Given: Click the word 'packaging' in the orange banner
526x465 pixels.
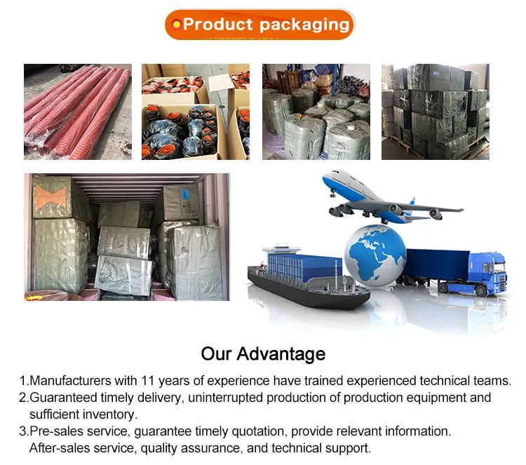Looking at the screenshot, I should pos(304,25).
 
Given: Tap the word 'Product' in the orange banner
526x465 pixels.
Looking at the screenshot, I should pos(217,25).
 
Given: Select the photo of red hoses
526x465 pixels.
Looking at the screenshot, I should pos(77,112).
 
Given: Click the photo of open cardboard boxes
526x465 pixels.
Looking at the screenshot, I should pos(196,112).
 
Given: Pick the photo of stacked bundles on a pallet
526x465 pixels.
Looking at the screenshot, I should pos(435,112).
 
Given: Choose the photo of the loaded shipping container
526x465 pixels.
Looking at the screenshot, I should pos(126,237).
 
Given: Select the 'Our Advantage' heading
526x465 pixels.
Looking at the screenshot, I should pos(263,353).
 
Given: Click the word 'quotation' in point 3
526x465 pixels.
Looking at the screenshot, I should pos(257,431).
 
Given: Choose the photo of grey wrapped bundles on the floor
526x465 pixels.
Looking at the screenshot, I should pos(316,112).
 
